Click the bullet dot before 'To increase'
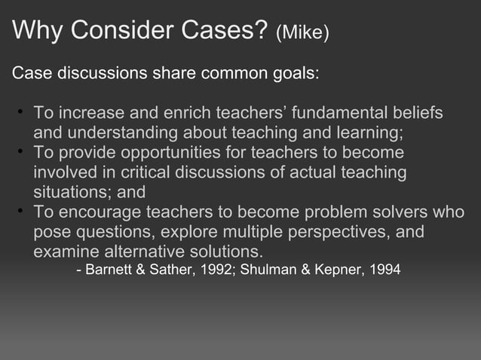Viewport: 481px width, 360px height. (x=23, y=114)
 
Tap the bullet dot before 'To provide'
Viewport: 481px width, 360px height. (x=23, y=153)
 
